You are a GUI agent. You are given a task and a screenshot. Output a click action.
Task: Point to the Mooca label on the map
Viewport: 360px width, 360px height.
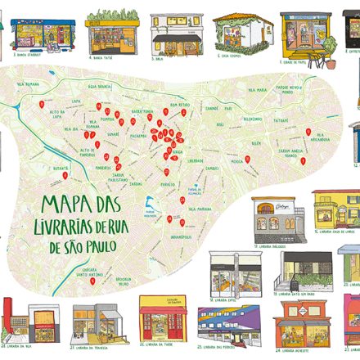pos(237,160)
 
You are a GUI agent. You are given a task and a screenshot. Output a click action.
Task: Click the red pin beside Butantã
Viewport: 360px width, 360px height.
pos(65,173)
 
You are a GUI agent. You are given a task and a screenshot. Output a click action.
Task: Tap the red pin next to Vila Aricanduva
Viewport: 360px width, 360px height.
pos(307,132)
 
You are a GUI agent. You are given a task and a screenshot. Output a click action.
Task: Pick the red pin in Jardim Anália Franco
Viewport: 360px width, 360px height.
pos(302,161)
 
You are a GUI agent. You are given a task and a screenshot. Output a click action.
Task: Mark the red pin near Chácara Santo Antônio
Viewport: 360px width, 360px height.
pos(93,281)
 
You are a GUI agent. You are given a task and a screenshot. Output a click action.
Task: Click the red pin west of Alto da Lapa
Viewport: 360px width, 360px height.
pos(41,105)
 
